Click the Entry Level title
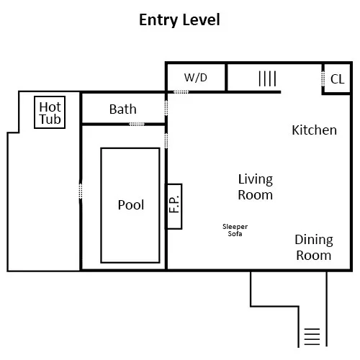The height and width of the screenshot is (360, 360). (x=179, y=20)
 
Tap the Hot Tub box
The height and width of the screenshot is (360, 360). (x=50, y=96)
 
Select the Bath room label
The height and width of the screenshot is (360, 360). (x=123, y=109)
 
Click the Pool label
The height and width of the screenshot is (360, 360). (x=131, y=205)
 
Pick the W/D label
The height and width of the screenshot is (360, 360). (x=195, y=78)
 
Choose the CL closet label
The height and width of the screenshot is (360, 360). (x=337, y=79)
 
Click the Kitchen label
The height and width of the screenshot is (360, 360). (x=314, y=130)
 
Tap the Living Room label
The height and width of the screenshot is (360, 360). (x=256, y=187)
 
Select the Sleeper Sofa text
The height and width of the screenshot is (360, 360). (x=235, y=230)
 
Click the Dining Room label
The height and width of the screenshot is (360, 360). (x=314, y=248)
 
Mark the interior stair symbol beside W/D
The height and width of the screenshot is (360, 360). (x=267, y=78)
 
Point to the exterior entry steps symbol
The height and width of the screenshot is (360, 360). (x=312, y=336)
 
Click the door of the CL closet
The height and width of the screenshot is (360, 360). (x=323, y=78)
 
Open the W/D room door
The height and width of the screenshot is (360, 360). (x=181, y=92)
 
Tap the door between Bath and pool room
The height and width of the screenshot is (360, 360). (x=137, y=124)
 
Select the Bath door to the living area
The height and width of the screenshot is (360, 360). (x=166, y=108)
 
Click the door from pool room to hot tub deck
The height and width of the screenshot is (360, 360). (x=81, y=191)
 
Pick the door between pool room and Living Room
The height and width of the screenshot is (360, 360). (x=166, y=140)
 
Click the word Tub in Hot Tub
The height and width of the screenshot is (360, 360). (x=50, y=120)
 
